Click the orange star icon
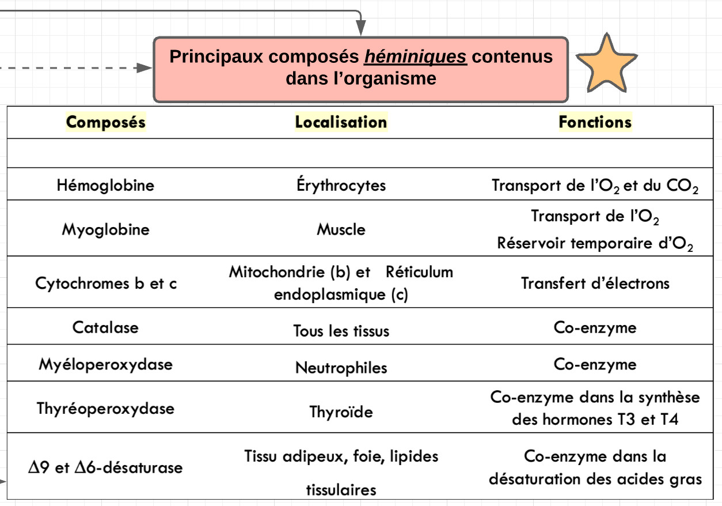(x=606, y=65)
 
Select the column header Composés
(x=106, y=122)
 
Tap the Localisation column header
(x=341, y=122)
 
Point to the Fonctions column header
(x=595, y=122)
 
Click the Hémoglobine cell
(x=106, y=185)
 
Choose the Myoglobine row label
(x=106, y=229)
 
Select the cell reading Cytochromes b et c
(x=106, y=284)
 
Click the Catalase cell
(x=106, y=327)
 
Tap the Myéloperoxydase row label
(x=106, y=364)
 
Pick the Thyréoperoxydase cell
(x=106, y=409)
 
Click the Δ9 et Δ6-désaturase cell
(x=106, y=467)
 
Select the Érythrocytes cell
(x=341, y=186)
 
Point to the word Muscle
(x=341, y=229)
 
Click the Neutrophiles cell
(x=341, y=368)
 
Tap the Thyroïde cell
(x=341, y=412)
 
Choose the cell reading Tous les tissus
(x=341, y=331)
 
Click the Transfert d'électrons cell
(x=595, y=284)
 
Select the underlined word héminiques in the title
(x=415, y=56)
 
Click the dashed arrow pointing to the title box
(x=75, y=68)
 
